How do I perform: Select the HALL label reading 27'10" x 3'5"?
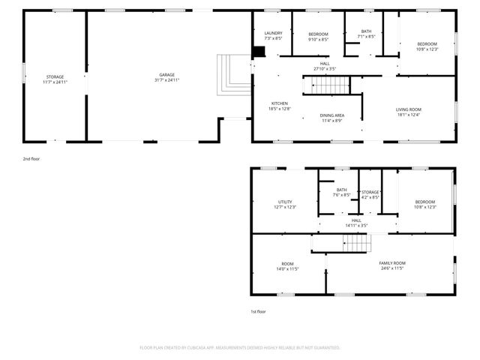325,66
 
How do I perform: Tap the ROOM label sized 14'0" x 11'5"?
287,265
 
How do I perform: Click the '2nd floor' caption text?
32,160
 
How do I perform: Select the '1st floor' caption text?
258,311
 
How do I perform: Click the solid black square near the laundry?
259,52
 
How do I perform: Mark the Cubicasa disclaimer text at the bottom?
240,348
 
